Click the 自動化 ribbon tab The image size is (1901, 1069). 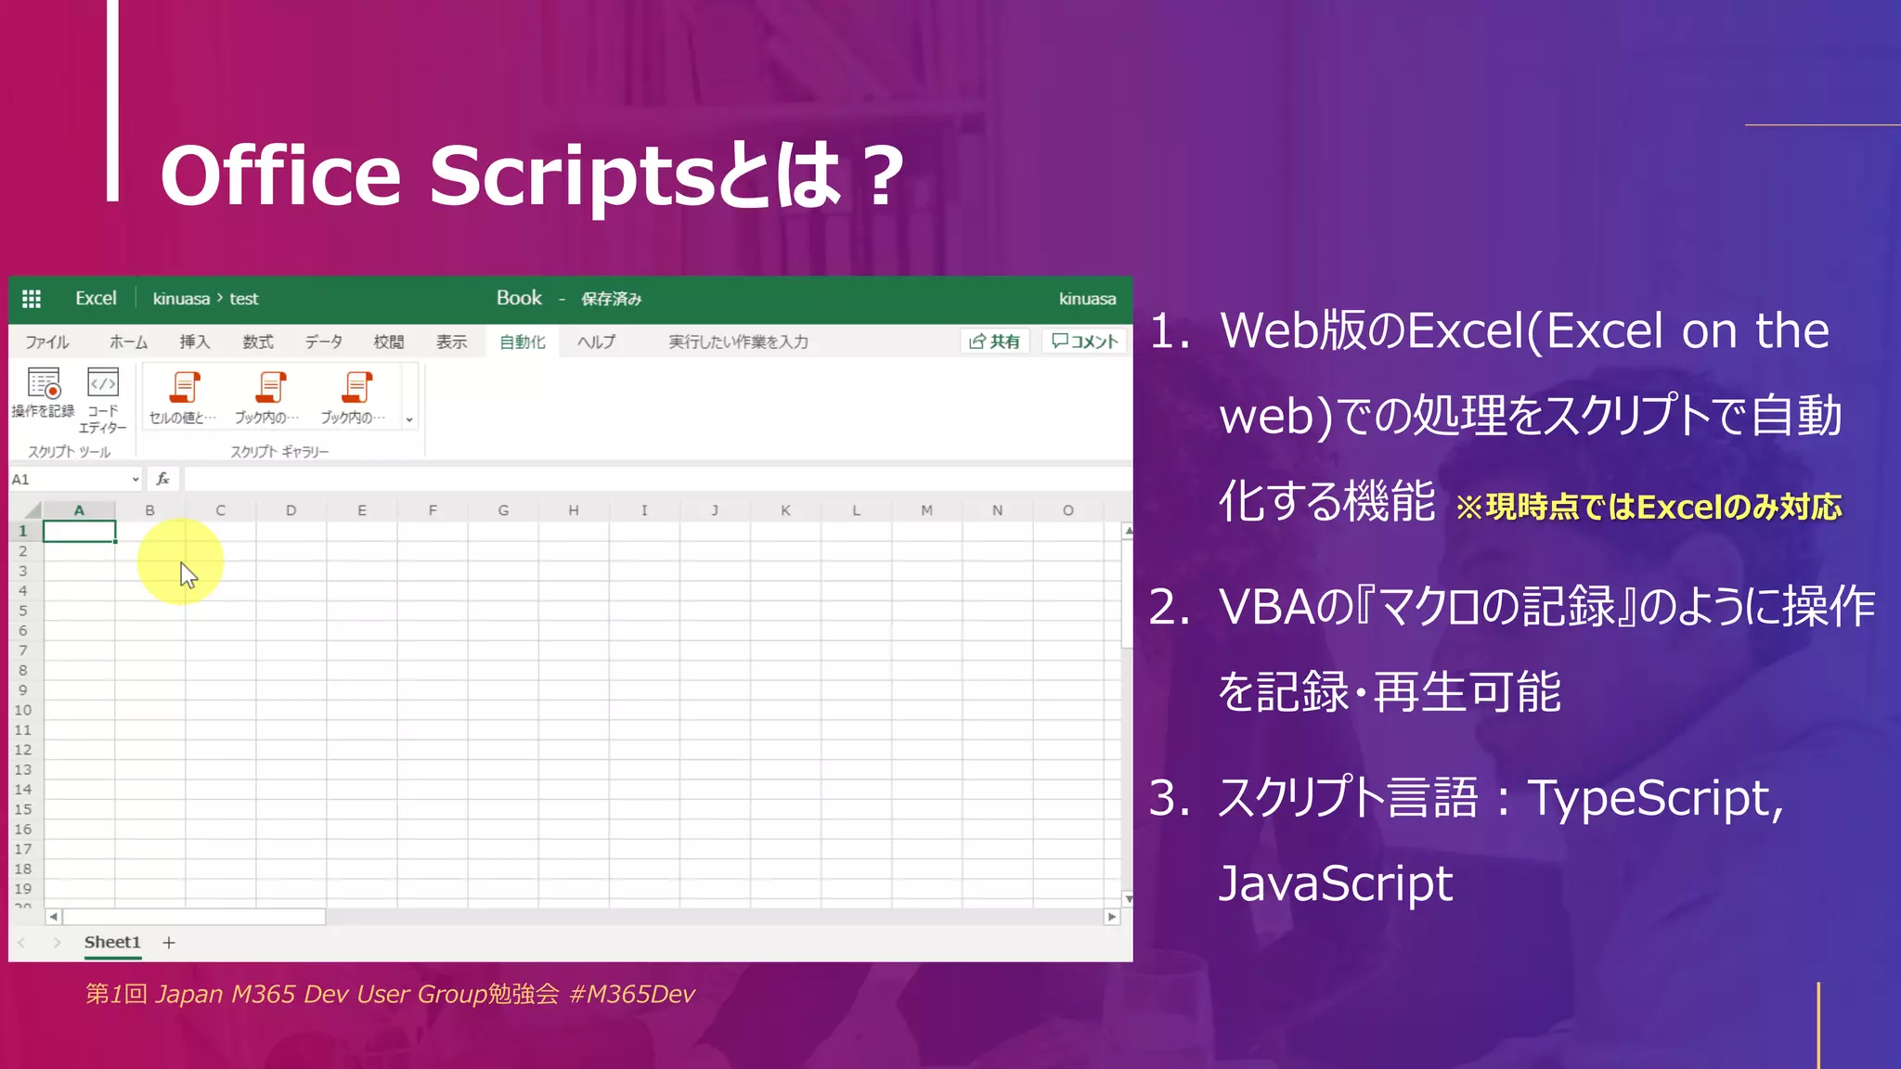click(x=522, y=341)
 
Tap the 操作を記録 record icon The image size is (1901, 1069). click(x=44, y=383)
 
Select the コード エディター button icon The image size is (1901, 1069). click(x=103, y=382)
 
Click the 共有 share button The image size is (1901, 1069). click(x=994, y=341)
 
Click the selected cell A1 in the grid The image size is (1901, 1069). click(x=80, y=531)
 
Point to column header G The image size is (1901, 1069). click(x=503, y=510)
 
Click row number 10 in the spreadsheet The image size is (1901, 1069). click(x=23, y=710)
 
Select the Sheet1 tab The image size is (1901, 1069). click(x=112, y=942)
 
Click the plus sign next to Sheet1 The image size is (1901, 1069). click(x=169, y=943)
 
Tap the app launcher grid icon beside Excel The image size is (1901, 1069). click(x=32, y=299)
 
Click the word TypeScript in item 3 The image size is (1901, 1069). click(x=1655, y=798)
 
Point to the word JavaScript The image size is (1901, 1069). click(x=1335, y=883)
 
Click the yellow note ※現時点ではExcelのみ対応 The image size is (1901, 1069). click(x=1649, y=507)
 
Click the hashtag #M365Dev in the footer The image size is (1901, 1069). click(x=632, y=994)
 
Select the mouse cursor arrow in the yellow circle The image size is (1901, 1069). click(x=188, y=575)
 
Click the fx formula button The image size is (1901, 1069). click(x=163, y=479)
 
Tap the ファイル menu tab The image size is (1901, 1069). click(x=47, y=341)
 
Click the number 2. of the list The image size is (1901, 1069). click(x=1169, y=608)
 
